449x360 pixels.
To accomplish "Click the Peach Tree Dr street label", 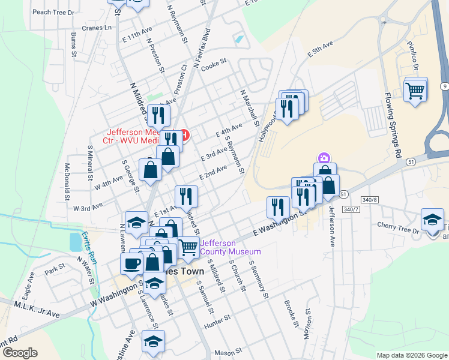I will (53, 12).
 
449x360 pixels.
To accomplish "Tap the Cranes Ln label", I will (99, 28).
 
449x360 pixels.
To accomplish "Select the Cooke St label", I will (213, 61).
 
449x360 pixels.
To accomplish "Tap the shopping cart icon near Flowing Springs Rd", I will (415, 91).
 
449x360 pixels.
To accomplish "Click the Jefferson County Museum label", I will (230, 247).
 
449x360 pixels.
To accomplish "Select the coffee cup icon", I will (131, 263).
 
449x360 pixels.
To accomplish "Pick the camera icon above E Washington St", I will (324, 158).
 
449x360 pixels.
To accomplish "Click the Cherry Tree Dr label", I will (397, 224).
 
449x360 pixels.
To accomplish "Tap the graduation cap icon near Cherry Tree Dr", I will (432, 219).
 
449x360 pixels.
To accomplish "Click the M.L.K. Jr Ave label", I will (37, 310).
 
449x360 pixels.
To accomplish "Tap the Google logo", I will (20, 352).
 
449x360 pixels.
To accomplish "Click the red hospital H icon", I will (185, 134).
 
